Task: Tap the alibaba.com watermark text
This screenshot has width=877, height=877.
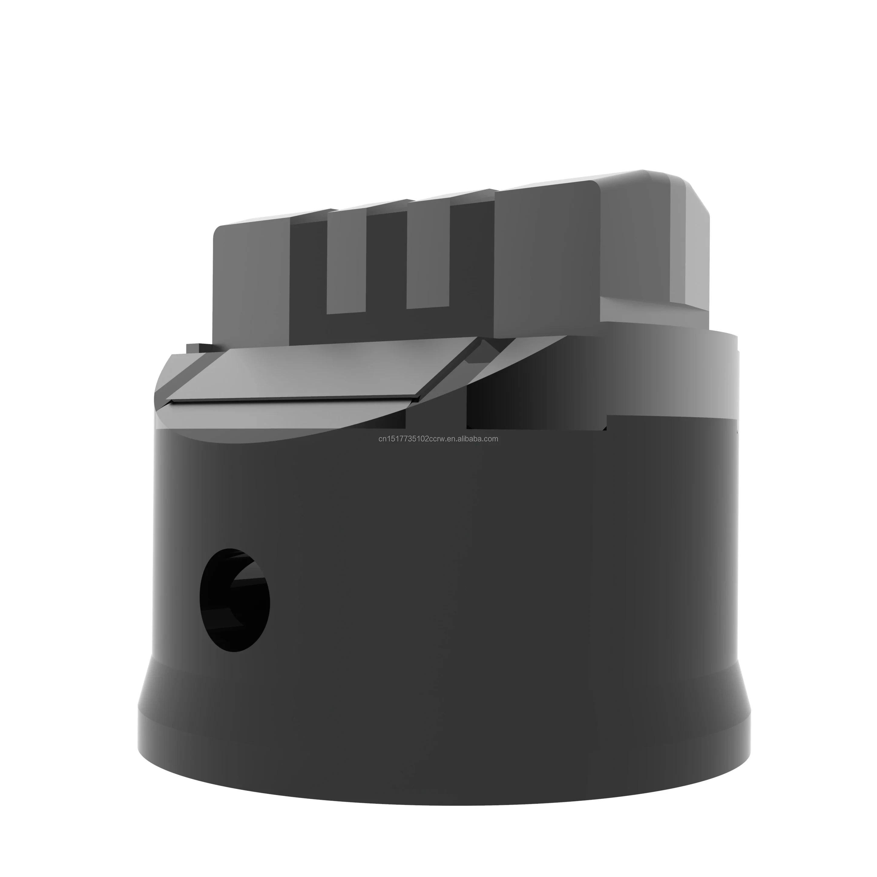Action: tap(438, 438)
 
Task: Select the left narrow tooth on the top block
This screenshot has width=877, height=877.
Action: tap(346, 262)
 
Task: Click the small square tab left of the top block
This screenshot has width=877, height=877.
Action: tap(193, 348)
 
